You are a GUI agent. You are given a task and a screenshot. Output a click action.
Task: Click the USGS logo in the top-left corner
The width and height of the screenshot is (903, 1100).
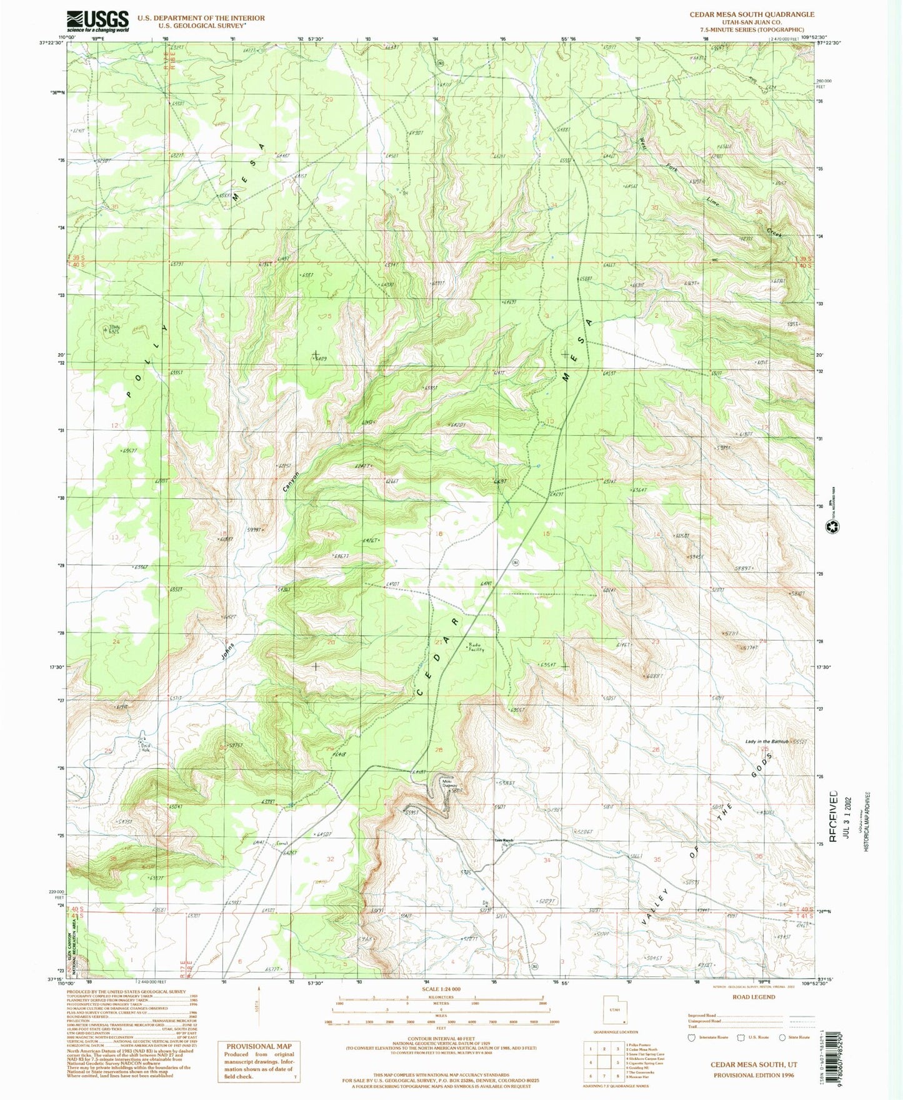pyautogui.click(x=98, y=21)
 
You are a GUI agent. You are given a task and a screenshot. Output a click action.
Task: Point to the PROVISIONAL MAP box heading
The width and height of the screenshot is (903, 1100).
pyautogui.click(x=259, y=1046)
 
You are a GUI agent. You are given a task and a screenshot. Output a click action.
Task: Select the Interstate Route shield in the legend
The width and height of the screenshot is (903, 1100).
pyautogui.click(x=691, y=1037)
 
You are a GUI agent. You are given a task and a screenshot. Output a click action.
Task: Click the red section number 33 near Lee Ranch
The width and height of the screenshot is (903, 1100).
pyautogui.click(x=439, y=860)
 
